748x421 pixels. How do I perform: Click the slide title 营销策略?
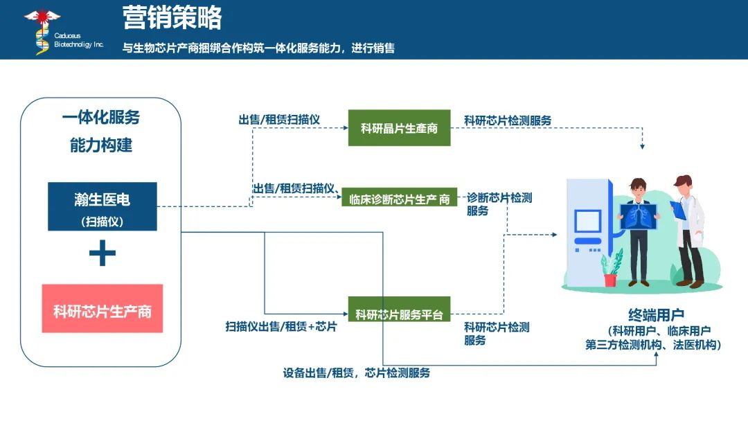point(172,18)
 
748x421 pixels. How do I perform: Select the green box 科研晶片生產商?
point(399,128)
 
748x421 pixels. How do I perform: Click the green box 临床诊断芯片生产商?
point(399,199)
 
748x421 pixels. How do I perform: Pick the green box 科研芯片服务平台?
point(398,315)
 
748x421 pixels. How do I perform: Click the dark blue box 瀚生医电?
point(103,206)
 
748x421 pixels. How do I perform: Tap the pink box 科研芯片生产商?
point(103,310)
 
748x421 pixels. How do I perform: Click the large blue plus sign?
point(102,254)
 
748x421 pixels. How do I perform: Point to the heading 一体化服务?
point(101,117)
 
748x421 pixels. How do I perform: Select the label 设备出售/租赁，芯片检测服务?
point(357,373)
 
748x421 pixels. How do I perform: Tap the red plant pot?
point(610,280)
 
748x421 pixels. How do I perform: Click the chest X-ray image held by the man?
point(640,217)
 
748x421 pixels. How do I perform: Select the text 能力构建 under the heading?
point(101,146)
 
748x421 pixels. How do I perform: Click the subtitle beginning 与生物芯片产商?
point(258,48)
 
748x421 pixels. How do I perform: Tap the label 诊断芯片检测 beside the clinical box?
point(499,198)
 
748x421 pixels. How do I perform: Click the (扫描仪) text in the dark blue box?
point(103,222)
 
